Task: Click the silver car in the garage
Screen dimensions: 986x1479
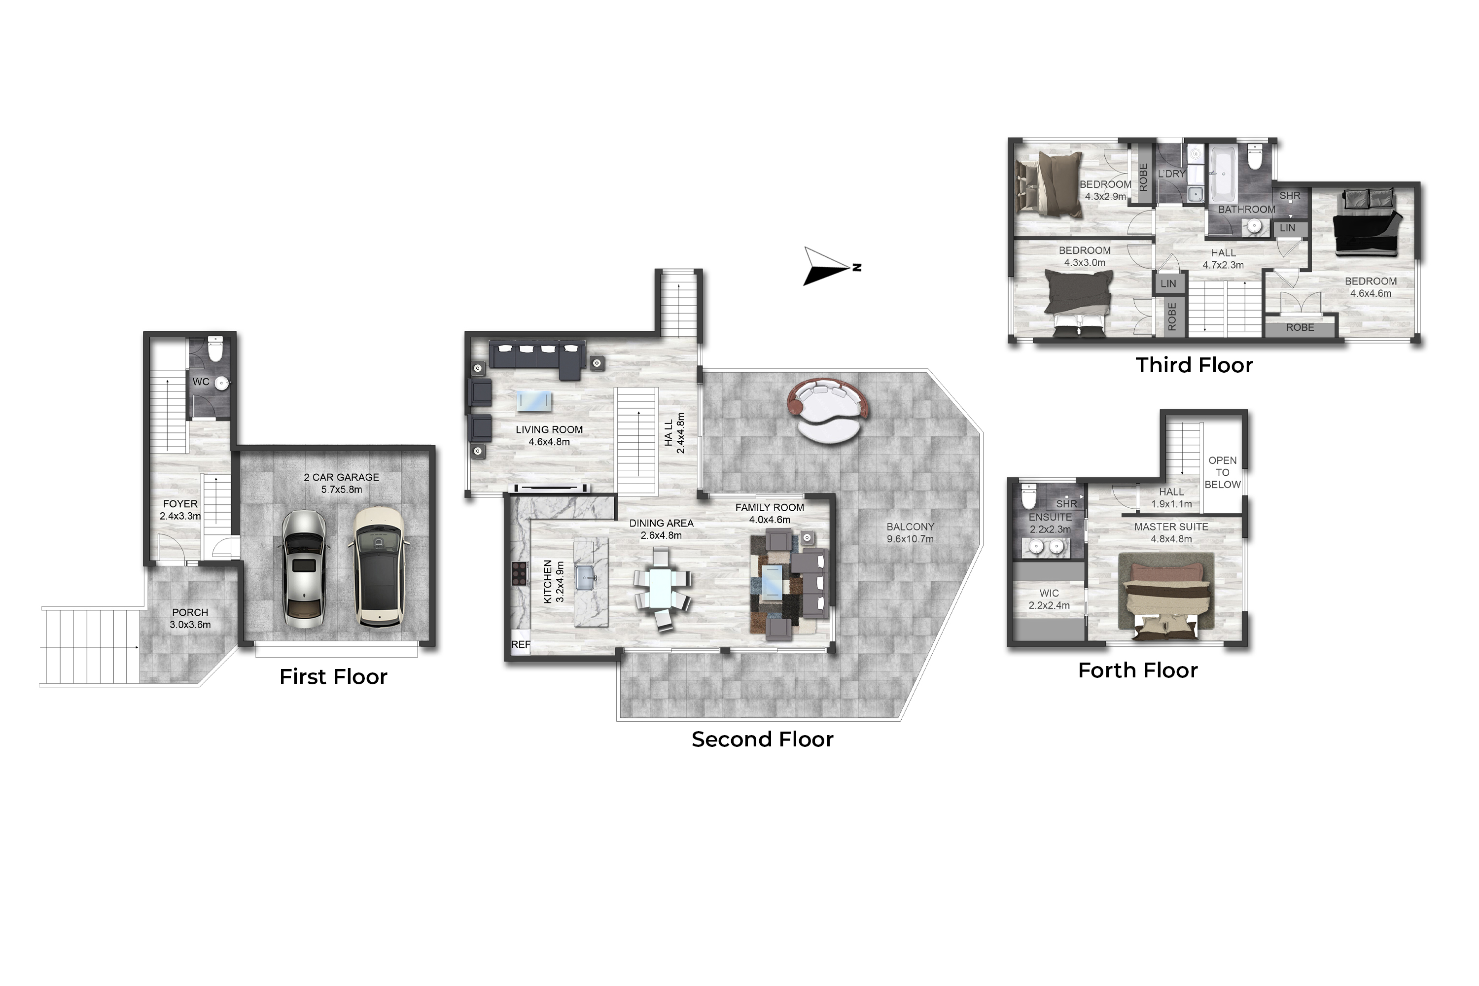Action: click(x=304, y=569)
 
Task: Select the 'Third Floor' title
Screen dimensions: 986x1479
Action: click(x=1194, y=365)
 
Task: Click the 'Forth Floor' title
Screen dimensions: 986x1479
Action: click(x=1137, y=670)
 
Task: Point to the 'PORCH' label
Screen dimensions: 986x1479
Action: click(x=190, y=612)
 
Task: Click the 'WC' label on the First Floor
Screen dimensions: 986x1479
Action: click(x=201, y=382)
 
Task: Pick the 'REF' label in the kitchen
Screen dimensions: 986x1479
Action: click(x=520, y=644)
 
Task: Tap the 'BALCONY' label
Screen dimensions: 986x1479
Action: click(x=910, y=527)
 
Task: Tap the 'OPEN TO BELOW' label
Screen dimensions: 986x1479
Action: click(x=1222, y=472)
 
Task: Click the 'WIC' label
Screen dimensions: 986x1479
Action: click(x=1049, y=593)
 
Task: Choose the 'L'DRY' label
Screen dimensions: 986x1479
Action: click(x=1171, y=174)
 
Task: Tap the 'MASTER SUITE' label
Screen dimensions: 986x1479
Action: click(x=1171, y=527)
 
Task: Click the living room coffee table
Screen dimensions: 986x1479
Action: click(x=534, y=400)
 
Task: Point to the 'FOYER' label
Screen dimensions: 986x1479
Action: click(x=180, y=504)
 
